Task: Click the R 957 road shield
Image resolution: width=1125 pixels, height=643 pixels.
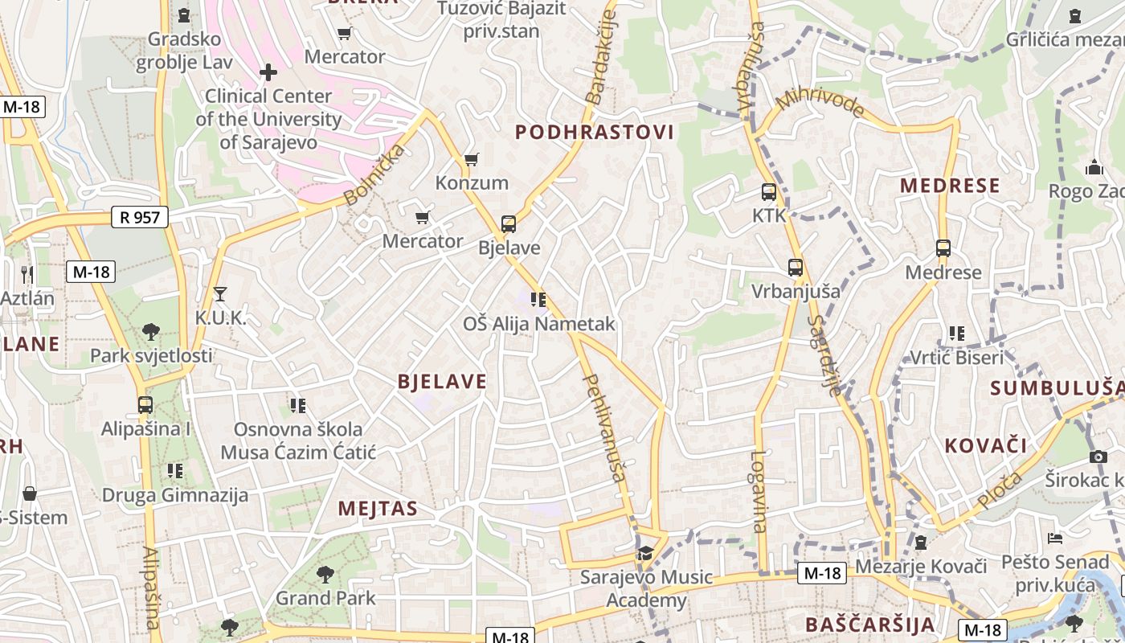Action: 139,216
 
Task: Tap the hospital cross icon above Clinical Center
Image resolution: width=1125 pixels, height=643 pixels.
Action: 268,72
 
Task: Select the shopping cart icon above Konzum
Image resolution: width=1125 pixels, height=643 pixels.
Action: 472,159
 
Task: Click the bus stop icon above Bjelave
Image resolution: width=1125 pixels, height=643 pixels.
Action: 508,223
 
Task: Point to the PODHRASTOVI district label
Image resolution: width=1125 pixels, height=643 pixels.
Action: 594,133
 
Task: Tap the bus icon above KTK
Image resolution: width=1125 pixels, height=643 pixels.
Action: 769,192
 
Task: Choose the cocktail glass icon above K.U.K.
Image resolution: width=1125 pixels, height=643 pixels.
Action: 220,294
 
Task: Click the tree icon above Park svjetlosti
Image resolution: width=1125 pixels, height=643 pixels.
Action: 150,331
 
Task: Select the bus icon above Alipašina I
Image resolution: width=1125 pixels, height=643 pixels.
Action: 145,404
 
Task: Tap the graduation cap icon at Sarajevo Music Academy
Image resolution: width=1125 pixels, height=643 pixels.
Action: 645,553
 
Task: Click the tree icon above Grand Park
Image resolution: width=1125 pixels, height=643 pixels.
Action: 325,574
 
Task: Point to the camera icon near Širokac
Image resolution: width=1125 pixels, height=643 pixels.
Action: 1098,457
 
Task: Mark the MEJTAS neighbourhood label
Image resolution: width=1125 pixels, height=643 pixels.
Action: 378,508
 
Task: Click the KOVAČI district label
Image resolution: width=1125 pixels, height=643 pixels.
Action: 985,445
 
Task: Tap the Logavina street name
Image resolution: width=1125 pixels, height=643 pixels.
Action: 759,491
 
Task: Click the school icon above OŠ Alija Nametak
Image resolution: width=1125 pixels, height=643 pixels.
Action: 538,300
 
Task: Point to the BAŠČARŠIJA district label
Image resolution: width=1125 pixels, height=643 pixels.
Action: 869,625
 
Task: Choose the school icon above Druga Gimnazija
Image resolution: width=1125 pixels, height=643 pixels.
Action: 174,471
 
